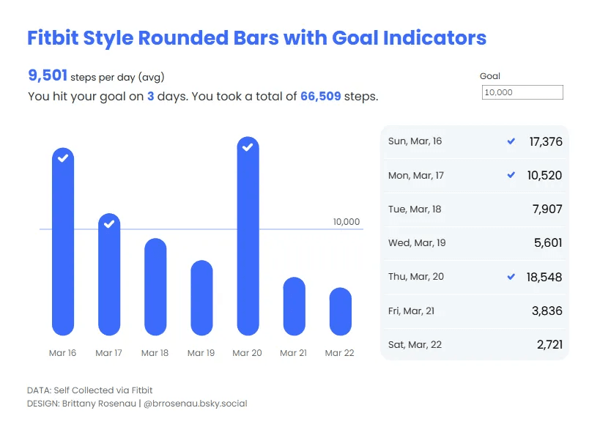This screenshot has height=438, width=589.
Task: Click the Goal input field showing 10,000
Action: (522, 92)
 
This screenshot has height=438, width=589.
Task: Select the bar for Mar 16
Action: (63, 242)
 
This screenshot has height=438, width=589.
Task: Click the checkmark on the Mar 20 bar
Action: (248, 147)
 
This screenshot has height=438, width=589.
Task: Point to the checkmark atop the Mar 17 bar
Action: (109, 224)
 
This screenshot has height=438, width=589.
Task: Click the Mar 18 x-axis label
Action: (155, 353)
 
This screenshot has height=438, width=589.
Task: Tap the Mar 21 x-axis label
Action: (293, 353)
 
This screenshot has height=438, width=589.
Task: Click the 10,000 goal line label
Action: (347, 222)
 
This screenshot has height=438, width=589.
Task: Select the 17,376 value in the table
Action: (546, 141)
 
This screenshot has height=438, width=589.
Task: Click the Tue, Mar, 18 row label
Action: (415, 209)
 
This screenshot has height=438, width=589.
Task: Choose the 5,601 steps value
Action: (548, 243)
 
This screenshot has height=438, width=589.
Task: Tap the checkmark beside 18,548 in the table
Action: (511, 277)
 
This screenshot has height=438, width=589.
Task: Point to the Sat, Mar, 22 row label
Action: (415, 345)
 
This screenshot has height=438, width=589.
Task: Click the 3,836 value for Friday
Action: (547, 311)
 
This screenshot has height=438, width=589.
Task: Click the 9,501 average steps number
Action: (48, 75)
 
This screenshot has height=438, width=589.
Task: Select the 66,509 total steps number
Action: (320, 96)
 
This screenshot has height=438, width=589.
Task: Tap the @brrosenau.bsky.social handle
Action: (196, 404)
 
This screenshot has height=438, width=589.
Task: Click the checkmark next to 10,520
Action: (511, 175)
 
